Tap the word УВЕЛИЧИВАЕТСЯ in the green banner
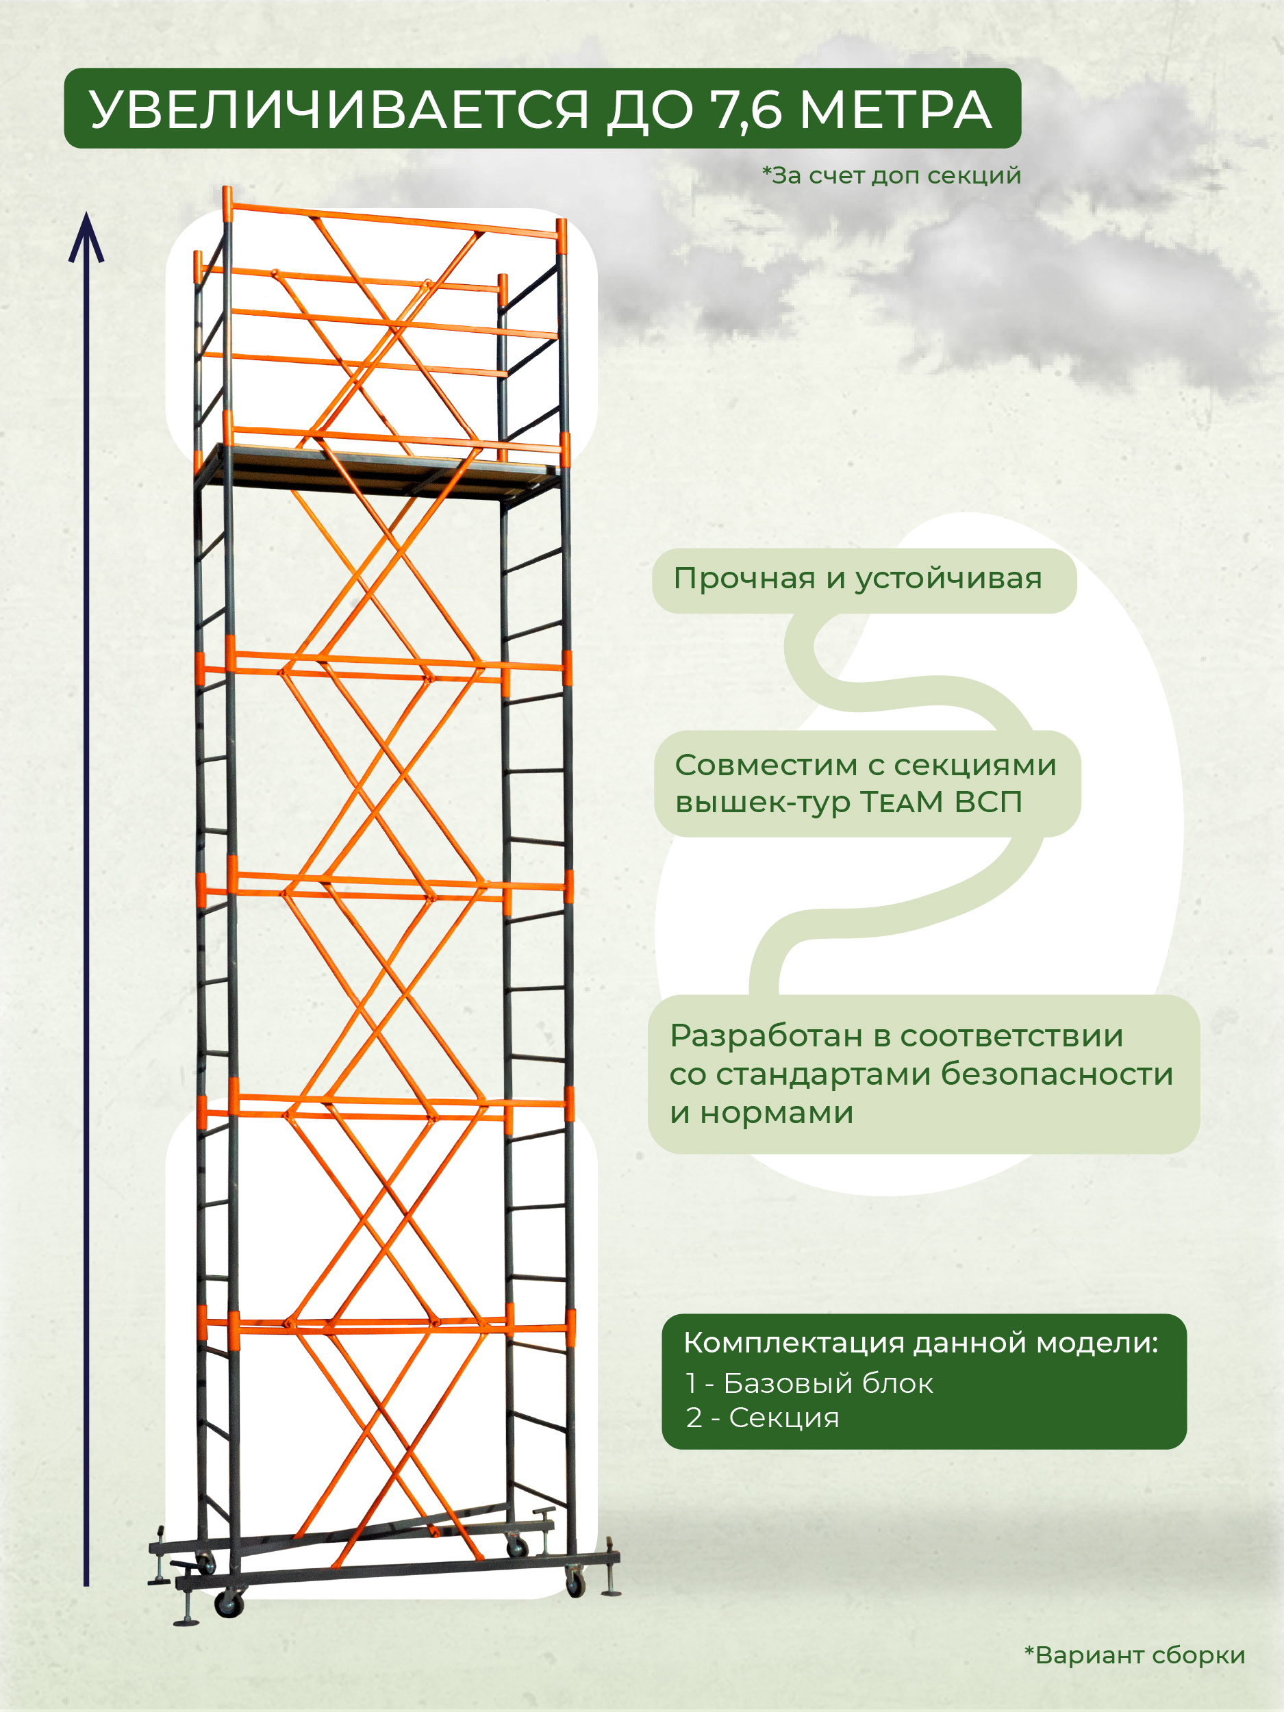pyautogui.click(x=338, y=110)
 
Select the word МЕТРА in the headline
pyautogui.click(x=895, y=110)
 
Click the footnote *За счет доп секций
pyautogui.click(x=892, y=176)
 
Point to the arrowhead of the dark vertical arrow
pyautogui.click(x=86, y=237)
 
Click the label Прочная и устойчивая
pyautogui.click(x=857, y=579)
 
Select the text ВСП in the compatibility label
pyautogui.click(x=988, y=803)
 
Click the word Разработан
pyautogui.click(x=766, y=1036)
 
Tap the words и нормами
pyautogui.click(x=761, y=1113)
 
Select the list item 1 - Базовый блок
pyautogui.click(x=809, y=1383)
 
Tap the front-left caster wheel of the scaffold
pyautogui.click(x=229, y=1605)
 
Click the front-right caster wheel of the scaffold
pyautogui.click(x=575, y=1582)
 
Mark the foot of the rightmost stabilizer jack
pyautogui.click(x=612, y=1591)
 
